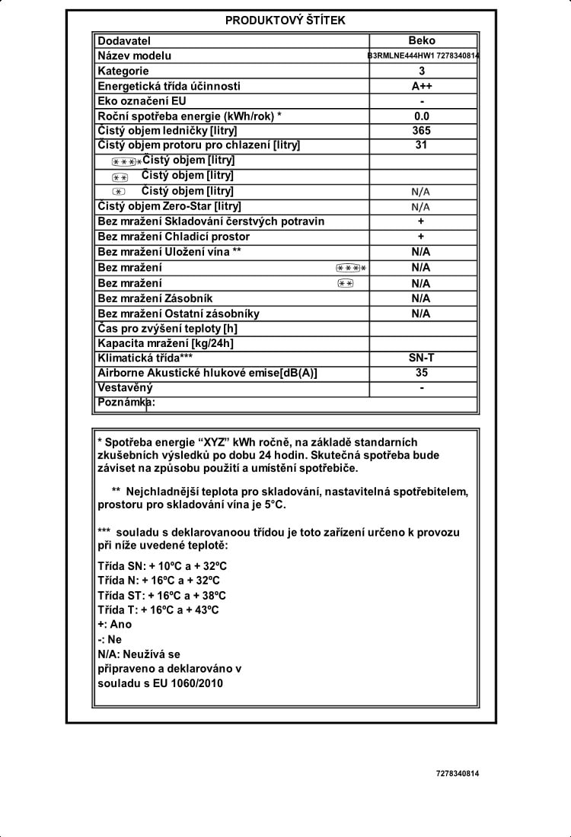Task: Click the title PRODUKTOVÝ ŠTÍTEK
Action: tap(285, 21)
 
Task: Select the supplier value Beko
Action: tap(422, 40)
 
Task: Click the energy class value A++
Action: tap(422, 86)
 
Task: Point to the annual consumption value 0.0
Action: tap(422, 116)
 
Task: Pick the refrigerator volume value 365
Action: tap(422, 130)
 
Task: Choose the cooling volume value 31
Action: tap(422, 145)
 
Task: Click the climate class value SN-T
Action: tap(422, 358)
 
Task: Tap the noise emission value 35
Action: tap(422, 373)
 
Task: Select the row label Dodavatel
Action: tap(124, 40)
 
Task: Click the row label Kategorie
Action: tap(123, 71)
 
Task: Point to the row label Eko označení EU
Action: tap(142, 100)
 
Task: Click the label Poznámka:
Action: tap(126, 403)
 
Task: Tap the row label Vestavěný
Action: tap(126, 388)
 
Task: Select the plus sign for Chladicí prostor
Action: tap(421, 237)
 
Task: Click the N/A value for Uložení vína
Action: tap(421, 252)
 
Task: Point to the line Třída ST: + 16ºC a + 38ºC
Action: tap(162, 595)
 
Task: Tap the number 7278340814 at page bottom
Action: tap(458, 774)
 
